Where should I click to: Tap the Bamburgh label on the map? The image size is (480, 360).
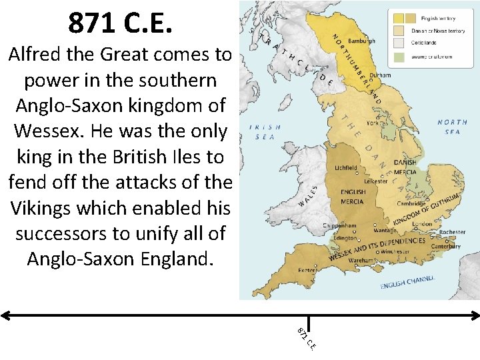pyautogui.click(x=361, y=41)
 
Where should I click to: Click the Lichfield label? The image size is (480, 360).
pyautogui.click(x=346, y=168)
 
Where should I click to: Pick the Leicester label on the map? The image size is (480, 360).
pyautogui.click(x=376, y=181)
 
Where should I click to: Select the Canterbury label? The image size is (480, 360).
pyautogui.click(x=445, y=247)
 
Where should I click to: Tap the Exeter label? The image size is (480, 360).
pyautogui.click(x=307, y=270)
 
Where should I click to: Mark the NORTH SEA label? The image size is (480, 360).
pyautogui.click(x=453, y=127)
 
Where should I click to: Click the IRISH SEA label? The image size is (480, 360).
pyautogui.click(x=265, y=131)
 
